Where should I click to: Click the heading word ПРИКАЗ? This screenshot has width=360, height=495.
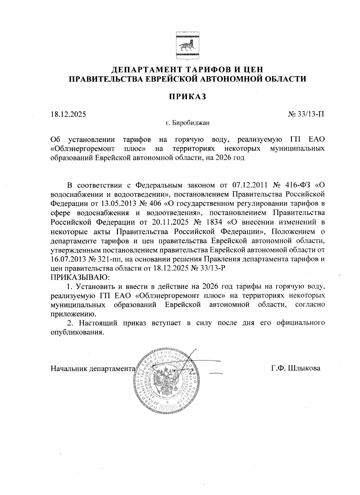click(187, 97)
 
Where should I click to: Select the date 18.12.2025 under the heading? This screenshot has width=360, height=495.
click(68, 114)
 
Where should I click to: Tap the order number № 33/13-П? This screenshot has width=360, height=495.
click(306, 114)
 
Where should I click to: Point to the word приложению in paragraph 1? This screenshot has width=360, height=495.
click(74, 314)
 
